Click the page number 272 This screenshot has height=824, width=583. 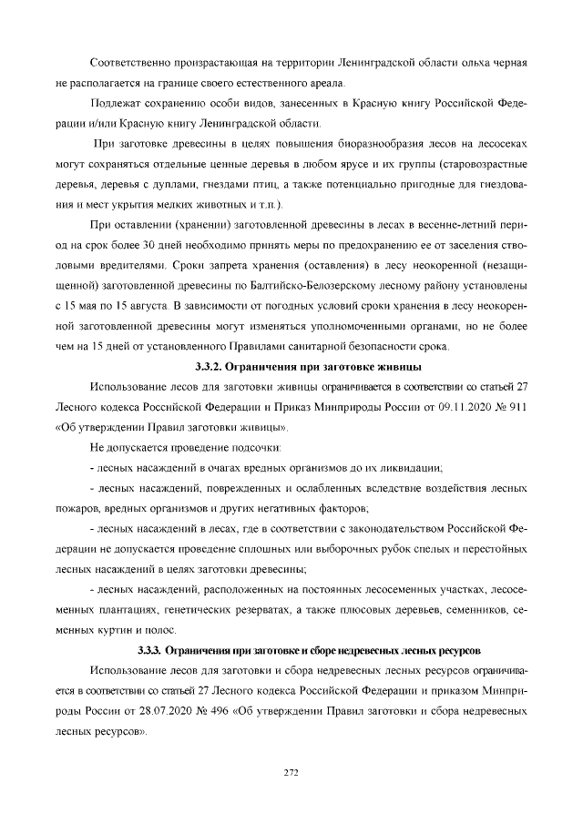[291, 772]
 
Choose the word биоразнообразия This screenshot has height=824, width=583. [350, 144]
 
